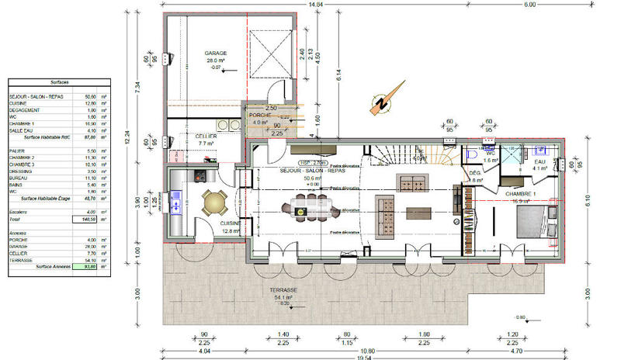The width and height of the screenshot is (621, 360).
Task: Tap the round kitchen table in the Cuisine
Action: [x=212, y=203]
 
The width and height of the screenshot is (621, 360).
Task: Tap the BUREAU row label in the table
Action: [x=18, y=178]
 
